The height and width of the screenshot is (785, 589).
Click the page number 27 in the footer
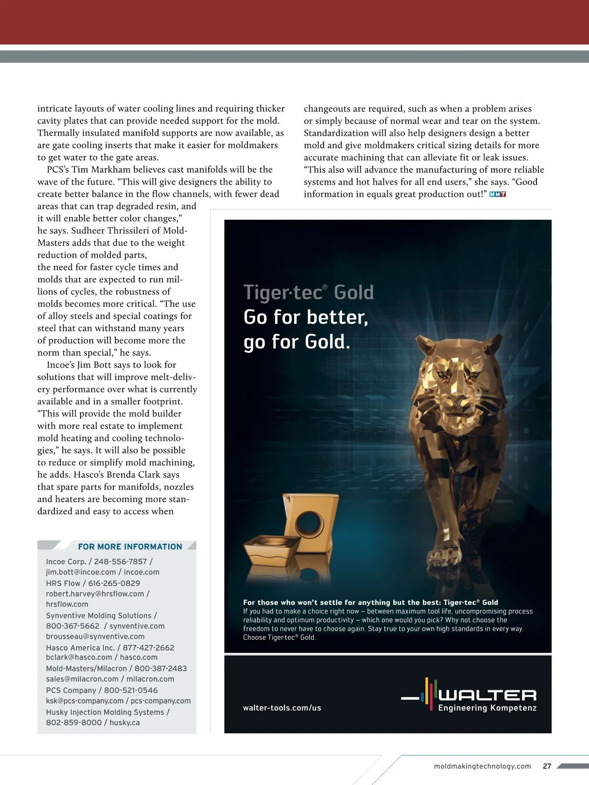[x=547, y=766]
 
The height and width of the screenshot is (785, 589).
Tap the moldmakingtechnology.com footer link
[x=482, y=766]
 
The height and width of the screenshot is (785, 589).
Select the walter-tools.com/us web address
[x=282, y=707]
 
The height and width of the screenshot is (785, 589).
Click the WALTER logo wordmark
[x=487, y=695]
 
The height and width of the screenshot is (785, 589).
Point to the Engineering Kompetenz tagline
[x=487, y=708]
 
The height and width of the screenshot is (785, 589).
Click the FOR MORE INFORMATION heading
[x=130, y=547]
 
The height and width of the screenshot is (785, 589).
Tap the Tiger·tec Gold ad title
[x=308, y=292]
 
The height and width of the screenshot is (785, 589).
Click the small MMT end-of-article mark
[x=498, y=194]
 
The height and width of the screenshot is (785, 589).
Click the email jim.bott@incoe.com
[x=81, y=572]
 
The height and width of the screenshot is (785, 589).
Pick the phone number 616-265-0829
[x=114, y=583]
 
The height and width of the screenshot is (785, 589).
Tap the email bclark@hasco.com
[x=79, y=657]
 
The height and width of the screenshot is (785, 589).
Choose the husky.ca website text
[x=125, y=723]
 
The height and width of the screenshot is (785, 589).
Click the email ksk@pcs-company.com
[x=84, y=701]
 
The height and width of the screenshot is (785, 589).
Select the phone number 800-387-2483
[x=161, y=669]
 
